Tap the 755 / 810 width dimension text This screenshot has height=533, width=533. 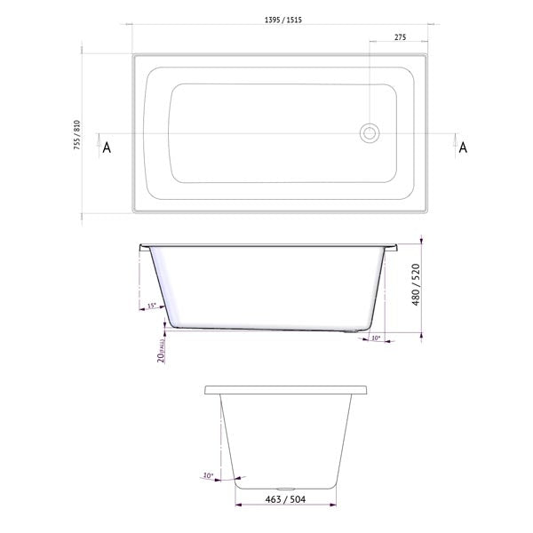click(x=77, y=135)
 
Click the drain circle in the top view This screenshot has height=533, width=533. click(x=369, y=133)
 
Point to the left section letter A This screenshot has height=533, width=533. click(x=107, y=147)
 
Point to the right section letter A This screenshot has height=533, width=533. click(x=462, y=147)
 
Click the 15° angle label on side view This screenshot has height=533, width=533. click(x=150, y=306)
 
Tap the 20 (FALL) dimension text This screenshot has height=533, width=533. click(x=161, y=349)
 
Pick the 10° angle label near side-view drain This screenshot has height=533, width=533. click(x=375, y=338)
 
